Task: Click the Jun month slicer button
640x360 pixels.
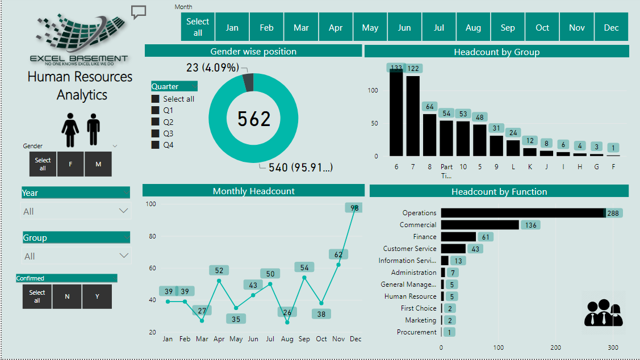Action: pos(404,27)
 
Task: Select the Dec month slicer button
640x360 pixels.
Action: pos(611,27)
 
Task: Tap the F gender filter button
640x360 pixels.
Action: pos(70,164)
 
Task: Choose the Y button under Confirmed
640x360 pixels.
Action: pos(97,296)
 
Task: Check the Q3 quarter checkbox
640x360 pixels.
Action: pos(156,133)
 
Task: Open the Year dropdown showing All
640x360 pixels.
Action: pos(76,211)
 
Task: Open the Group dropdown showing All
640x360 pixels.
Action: pos(76,256)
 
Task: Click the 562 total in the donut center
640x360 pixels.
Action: pos(254,119)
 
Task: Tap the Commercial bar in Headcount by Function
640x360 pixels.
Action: pos(480,225)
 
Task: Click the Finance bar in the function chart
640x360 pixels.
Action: pos(458,237)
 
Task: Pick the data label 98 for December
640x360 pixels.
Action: pos(354,208)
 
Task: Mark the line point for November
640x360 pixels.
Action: pos(338,264)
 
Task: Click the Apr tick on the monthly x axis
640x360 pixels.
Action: pos(219,339)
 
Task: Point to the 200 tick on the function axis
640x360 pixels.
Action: pos(556,348)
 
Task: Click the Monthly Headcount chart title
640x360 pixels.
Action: pos(253,191)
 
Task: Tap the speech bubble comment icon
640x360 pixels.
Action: pos(139,12)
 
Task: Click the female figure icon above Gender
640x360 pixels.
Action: pos(70,129)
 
